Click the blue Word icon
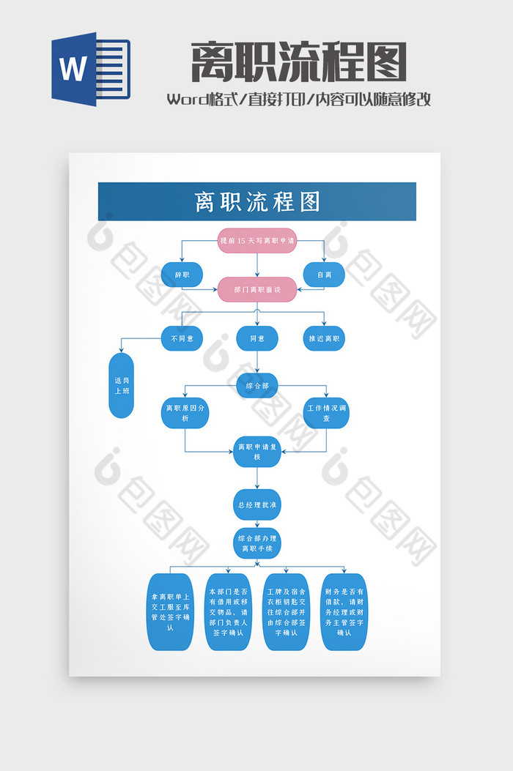(89, 69)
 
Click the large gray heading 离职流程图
(298, 62)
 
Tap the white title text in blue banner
(257, 202)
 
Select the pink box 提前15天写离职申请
(257, 240)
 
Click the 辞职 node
(182, 275)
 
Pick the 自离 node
(324, 275)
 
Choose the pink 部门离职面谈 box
(257, 289)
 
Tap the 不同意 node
(182, 338)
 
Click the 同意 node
(257, 338)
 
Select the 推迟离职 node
(324, 338)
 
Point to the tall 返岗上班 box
(122, 386)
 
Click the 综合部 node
(257, 385)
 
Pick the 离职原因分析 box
(185, 413)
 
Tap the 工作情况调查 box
(326, 413)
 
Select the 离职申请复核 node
(257, 451)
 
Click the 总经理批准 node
(257, 504)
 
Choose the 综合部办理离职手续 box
(257, 543)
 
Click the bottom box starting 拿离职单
(171, 612)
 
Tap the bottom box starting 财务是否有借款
(344, 612)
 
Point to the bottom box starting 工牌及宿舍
(287, 612)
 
